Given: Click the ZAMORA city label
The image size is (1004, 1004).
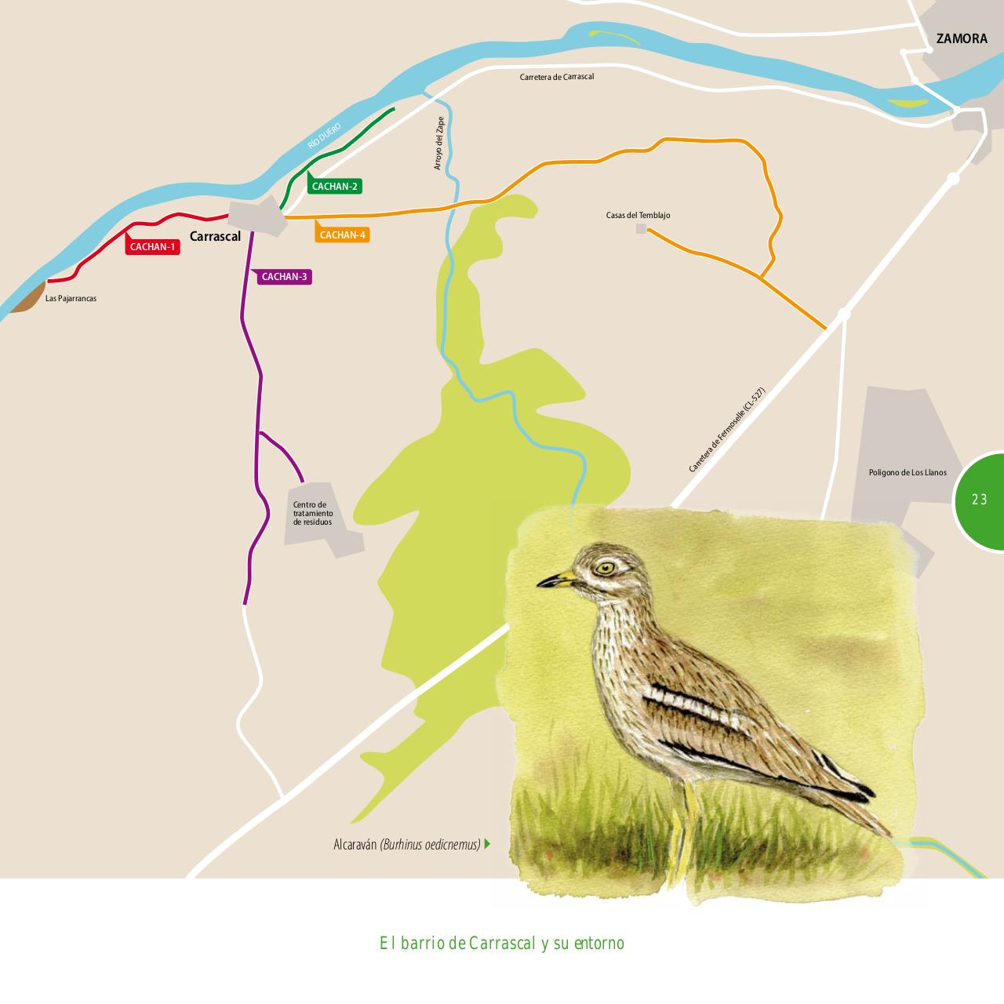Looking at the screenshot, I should pyautogui.click(x=962, y=38).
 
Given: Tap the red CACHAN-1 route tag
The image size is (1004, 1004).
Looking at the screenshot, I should pyautogui.click(x=153, y=247).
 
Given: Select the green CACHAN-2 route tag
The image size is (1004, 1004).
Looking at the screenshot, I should pyautogui.click(x=335, y=187).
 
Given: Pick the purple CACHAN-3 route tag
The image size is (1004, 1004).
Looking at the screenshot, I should pyautogui.click(x=284, y=277).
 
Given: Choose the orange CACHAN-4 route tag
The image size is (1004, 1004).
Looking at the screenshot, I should pyautogui.click(x=343, y=235).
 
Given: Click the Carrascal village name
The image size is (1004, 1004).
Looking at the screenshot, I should pyautogui.click(x=215, y=236).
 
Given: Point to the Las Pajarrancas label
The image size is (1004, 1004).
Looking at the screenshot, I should pyautogui.click(x=71, y=299).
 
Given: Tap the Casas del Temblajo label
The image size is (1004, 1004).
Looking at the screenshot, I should pyautogui.click(x=638, y=216).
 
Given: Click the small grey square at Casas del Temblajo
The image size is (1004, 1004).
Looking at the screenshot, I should pyautogui.click(x=641, y=228).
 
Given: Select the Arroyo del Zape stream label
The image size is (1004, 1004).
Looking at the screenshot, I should pyautogui.click(x=439, y=144).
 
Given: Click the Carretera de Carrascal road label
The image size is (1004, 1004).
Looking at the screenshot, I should pyautogui.click(x=556, y=77).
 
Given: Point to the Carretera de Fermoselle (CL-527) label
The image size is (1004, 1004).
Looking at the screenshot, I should pyautogui.click(x=726, y=430).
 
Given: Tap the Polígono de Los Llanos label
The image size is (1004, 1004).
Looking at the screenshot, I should pyautogui.click(x=908, y=473).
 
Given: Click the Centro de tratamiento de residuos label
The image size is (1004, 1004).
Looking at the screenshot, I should pyautogui.click(x=312, y=514).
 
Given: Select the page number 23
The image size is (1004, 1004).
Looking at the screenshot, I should pyautogui.click(x=979, y=500).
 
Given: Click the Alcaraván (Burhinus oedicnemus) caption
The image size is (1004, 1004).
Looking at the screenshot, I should pyautogui.click(x=406, y=845).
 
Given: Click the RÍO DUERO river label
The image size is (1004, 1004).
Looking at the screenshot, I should pyautogui.click(x=324, y=136).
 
